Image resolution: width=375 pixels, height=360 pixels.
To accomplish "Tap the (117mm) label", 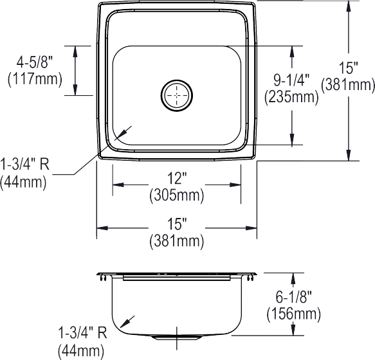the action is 35,79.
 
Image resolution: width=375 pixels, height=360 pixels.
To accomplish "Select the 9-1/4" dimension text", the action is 292,80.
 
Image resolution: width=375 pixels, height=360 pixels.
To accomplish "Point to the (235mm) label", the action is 291,97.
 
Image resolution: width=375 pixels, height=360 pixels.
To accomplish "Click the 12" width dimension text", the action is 177,179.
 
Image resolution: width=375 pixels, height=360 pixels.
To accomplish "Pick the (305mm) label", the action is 177,195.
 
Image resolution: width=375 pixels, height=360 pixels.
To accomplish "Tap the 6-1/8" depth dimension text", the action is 294,297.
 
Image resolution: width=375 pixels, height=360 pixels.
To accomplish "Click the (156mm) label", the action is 294,313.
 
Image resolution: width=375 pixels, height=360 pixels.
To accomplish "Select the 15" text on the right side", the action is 348,68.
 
